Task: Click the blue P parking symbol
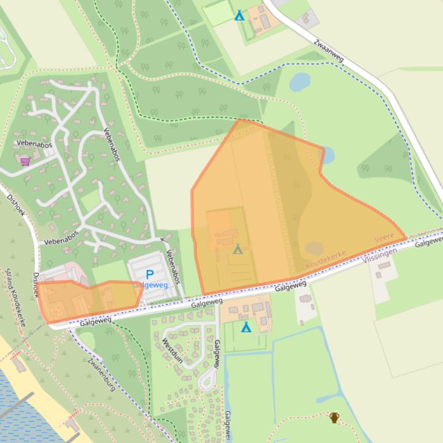(150, 275)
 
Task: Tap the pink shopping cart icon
(25, 161)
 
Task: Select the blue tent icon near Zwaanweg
(239, 16)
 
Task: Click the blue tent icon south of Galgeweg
(246, 327)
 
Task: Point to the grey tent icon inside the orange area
(238, 249)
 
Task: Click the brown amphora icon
(334, 417)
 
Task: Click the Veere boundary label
(384, 238)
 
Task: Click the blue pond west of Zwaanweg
(300, 82)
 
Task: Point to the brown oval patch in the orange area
(314, 248)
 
